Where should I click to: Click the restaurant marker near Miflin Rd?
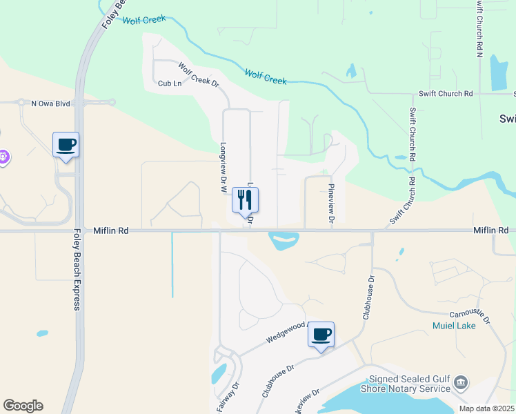(245, 200)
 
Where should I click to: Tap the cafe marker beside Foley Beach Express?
(66, 145)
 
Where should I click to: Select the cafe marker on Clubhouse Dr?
(321, 335)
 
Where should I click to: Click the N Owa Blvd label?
(51, 103)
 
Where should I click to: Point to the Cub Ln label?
(170, 83)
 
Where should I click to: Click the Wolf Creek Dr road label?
(198, 75)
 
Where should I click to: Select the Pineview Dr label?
(331, 204)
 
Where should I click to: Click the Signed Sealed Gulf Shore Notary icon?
(462, 382)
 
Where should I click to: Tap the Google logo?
(23, 406)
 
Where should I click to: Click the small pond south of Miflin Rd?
(284, 241)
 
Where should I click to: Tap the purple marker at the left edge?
(3, 157)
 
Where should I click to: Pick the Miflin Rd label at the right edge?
(490, 230)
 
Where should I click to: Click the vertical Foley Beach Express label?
(78, 269)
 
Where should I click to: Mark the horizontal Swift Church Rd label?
(446, 93)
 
